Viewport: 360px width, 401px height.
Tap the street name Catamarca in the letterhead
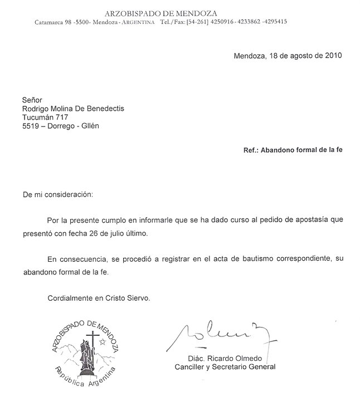pos(52,22)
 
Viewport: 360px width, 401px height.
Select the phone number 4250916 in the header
pos(222,22)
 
